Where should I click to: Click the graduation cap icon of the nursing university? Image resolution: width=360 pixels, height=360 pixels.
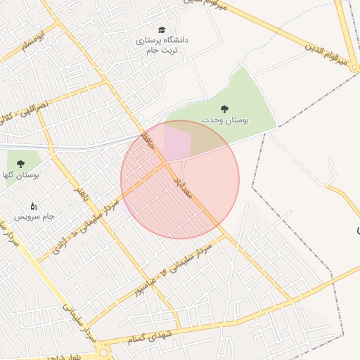(162, 30)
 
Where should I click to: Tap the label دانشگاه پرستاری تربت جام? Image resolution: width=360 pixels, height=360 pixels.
(162, 46)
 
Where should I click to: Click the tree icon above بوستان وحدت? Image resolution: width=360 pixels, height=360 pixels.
(224, 108)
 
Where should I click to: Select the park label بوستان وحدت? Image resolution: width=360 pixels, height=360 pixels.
(225, 120)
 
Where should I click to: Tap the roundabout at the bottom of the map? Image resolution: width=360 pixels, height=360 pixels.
(104, 352)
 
